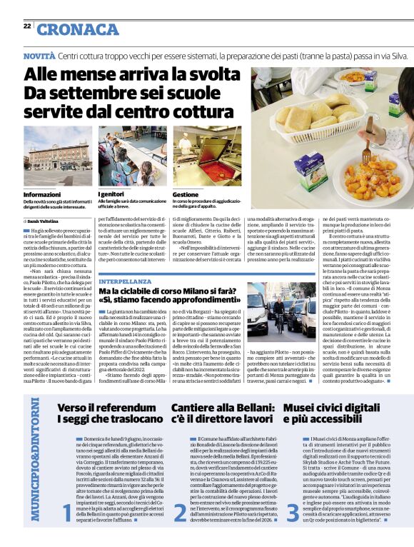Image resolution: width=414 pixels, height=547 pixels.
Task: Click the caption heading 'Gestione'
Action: pyautogui.click(x=186, y=194)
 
